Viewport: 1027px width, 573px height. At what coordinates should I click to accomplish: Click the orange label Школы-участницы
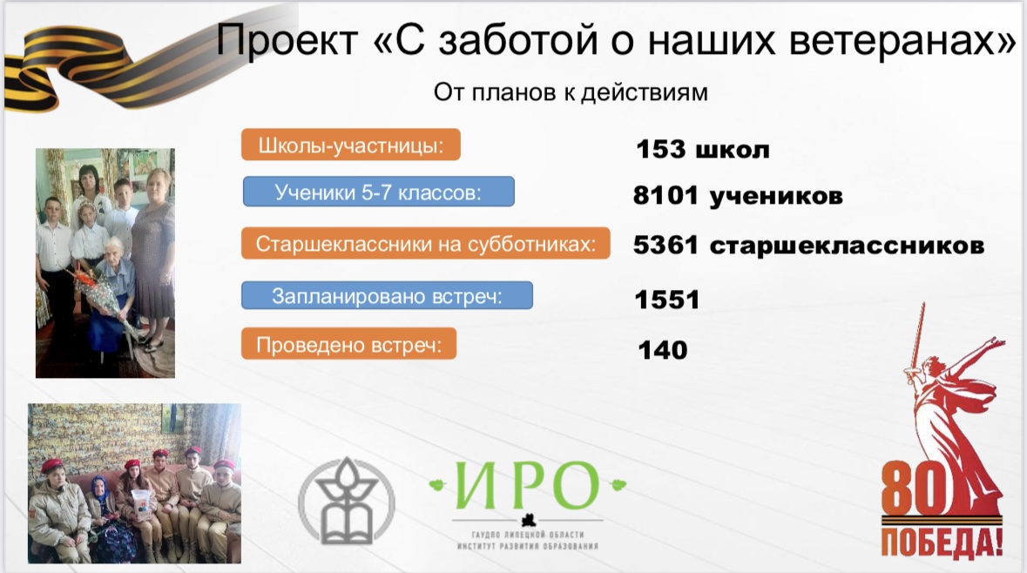tap(351, 145)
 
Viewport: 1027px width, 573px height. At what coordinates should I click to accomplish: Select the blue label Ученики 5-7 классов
tap(379, 192)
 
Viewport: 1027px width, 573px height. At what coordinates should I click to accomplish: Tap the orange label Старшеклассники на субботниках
tap(426, 244)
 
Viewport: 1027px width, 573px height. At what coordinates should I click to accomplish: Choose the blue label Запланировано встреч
tap(387, 296)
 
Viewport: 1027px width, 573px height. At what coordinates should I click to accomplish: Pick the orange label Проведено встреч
tap(349, 344)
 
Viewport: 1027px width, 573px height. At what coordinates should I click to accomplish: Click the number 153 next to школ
tap(661, 149)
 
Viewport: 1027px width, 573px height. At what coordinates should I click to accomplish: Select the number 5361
tap(666, 245)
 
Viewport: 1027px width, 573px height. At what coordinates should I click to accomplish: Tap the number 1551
tap(667, 300)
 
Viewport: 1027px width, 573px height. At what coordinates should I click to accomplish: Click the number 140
tap(663, 350)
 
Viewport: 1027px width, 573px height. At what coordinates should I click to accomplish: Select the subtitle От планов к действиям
tap(571, 92)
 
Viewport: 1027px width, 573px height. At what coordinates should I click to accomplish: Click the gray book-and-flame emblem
tap(347, 501)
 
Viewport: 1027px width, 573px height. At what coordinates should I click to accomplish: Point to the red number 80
tap(915, 489)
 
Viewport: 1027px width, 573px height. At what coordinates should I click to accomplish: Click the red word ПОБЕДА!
tap(942, 543)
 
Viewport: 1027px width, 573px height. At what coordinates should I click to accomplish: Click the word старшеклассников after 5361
tap(847, 246)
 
